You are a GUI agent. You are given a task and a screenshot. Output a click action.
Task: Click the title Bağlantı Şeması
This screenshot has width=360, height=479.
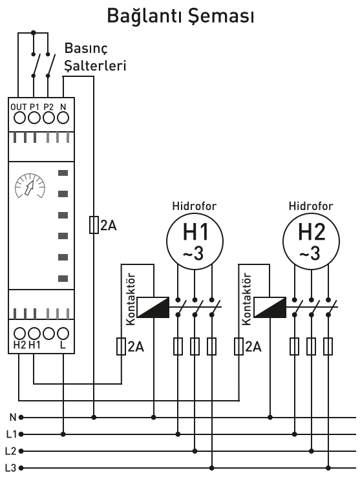(x=180, y=17)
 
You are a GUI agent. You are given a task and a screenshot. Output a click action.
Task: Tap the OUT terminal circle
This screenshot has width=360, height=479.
(x=20, y=118)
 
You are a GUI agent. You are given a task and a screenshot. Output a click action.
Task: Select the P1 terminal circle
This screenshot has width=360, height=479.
(x=34, y=118)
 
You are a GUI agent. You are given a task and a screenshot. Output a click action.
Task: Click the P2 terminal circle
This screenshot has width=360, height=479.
(x=48, y=118)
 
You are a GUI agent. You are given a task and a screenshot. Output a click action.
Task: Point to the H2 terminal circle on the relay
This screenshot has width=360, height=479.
(x=20, y=334)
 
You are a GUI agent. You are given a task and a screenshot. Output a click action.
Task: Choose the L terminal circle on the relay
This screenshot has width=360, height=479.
(x=63, y=334)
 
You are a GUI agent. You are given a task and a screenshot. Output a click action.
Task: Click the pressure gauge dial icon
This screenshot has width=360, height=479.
(x=30, y=186)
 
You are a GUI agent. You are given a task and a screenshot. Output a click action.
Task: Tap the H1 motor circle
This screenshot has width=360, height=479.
(x=195, y=241)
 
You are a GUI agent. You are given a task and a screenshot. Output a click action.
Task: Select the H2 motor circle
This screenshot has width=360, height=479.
(x=311, y=241)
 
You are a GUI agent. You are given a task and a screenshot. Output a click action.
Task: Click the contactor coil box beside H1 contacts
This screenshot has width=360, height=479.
(x=153, y=307)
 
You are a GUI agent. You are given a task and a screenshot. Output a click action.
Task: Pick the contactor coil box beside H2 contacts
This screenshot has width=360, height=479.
(x=270, y=307)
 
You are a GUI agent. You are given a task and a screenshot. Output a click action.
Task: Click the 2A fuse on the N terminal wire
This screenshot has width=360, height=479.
(x=94, y=225)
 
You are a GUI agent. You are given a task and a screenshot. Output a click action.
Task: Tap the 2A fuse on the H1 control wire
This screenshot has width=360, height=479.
(x=122, y=346)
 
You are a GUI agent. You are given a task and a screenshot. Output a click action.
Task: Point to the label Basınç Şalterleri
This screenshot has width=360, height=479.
(x=95, y=57)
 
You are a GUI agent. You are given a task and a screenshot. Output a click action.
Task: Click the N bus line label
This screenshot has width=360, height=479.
(x=13, y=418)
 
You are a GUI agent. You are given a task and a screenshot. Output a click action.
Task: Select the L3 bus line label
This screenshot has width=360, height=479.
(x=11, y=468)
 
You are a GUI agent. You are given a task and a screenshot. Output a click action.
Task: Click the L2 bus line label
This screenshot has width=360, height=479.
(x=11, y=451)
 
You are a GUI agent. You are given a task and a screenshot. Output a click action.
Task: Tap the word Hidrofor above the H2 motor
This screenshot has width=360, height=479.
(x=311, y=206)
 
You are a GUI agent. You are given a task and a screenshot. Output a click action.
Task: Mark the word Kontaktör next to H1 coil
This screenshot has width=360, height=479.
(x=131, y=299)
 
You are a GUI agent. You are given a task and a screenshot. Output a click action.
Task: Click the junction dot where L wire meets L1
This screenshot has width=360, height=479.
(x=63, y=434)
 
